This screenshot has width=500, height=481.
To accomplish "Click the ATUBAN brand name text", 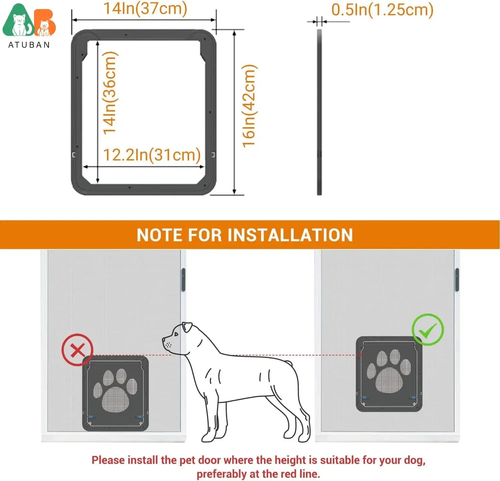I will [x=29, y=45].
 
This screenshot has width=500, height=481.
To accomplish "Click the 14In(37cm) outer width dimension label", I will [x=145, y=9].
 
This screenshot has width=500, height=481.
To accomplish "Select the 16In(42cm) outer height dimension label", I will [x=249, y=106].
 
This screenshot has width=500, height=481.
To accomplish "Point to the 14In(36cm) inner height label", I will [x=110, y=93].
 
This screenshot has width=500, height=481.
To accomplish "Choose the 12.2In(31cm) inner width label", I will [x=152, y=155].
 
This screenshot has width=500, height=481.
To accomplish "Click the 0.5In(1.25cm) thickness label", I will [x=382, y=10].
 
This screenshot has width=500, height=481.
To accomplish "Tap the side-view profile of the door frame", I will [x=319, y=112].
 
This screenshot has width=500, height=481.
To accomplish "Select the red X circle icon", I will [x=77, y=350].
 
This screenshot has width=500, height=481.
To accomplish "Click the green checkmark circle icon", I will [x=428, y=330].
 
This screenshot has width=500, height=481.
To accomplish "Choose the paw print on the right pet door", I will [x=389, y=371].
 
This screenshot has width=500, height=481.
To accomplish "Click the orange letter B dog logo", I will [x=45, y=24].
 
